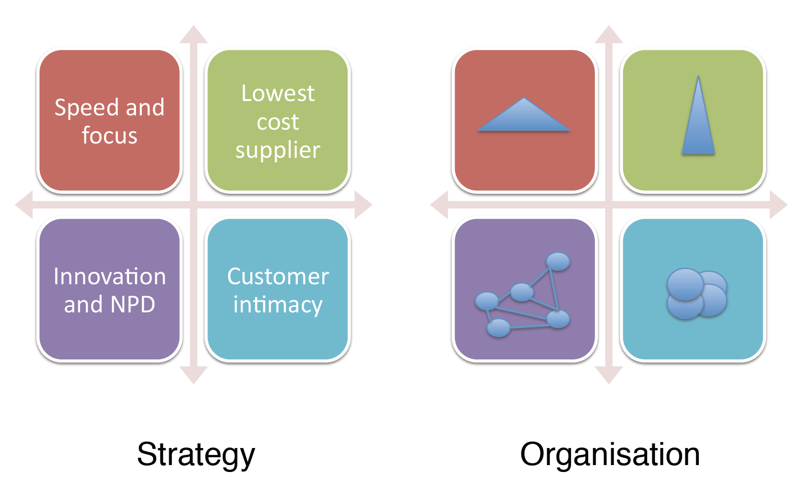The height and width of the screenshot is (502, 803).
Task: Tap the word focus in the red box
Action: point(110,136)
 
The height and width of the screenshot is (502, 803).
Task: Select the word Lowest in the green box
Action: point(278,94)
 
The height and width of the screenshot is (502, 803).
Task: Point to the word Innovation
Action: point(110,276)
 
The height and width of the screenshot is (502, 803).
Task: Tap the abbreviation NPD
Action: point(133,305)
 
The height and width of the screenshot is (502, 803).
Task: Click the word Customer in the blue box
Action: point(278,276)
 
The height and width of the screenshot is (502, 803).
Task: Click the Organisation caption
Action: point(610,454)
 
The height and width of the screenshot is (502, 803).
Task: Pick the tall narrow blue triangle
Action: point(698,125)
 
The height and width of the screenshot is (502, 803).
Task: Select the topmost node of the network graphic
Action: point(558,261)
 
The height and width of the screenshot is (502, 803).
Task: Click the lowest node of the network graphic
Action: point(498,328)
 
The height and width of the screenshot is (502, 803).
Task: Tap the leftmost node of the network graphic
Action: point(487,301)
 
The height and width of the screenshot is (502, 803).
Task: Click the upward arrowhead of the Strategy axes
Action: point(194,35)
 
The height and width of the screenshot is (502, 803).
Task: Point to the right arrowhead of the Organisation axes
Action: point(779,204)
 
